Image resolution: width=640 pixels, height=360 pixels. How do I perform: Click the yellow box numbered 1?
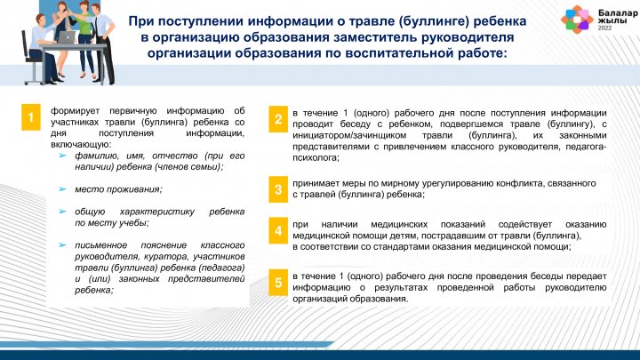coord(30,117)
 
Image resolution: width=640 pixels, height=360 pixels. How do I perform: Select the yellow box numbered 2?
coord(278,119)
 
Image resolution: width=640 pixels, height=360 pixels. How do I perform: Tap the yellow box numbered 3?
coord(278,189)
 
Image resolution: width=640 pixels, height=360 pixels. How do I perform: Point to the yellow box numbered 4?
coord(278,230)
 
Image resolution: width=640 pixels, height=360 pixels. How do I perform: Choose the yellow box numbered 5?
coord(278,282)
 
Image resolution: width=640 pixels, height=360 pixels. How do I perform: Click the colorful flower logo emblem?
coord(576,19)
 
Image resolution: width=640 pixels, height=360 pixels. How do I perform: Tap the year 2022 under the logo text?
coord(605,28)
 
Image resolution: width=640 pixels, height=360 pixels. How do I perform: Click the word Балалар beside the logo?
coord(618,13)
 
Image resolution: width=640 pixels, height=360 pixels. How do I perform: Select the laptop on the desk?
coord(66,37)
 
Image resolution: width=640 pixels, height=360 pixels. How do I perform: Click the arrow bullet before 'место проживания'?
coord(62,189)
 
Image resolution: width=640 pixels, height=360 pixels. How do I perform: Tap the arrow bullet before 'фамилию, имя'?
coord(62,156)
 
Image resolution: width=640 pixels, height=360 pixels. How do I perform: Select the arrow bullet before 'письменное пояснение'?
coord(62,245)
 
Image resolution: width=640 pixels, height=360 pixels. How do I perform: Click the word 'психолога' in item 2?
coord(315,157)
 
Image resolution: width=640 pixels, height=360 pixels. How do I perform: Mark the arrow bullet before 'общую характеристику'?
coord(62,212)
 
